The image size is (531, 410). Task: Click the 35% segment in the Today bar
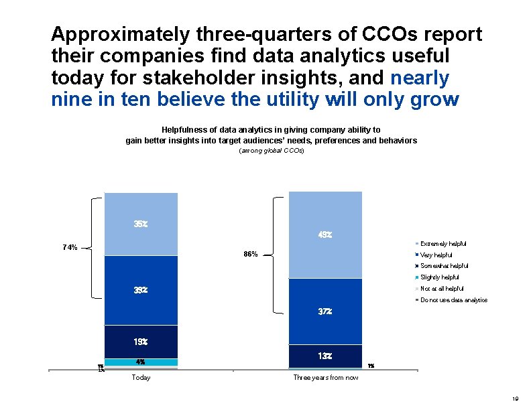[x=141, y=224]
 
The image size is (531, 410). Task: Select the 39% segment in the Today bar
[x=141, y=290]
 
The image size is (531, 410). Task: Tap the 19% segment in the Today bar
[x=141, y=342]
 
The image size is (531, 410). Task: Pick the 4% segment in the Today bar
[x=141, y=362]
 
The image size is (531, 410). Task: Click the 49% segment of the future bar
[x=325, y=234]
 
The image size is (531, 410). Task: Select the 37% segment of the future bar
[x=325, y=312]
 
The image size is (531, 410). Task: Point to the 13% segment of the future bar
[x=325, y=356]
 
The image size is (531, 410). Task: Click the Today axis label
[x=141, y=378]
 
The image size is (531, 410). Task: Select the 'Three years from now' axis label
[x=326, y=378]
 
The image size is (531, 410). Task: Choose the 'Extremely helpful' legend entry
[x=442, y=243]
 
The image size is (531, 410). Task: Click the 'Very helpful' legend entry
[x=436, y=255]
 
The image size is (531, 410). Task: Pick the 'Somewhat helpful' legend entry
[x=444, y=266]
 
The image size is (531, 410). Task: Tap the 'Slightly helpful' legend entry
[x=439, y=277]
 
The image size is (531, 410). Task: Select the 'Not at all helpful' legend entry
[x=442, y=289]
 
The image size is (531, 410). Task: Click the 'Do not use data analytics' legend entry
[x=453, y=300]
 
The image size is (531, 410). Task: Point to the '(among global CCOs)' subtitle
[x=272, y=152]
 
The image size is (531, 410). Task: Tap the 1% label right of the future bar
[x=371, y=366]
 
